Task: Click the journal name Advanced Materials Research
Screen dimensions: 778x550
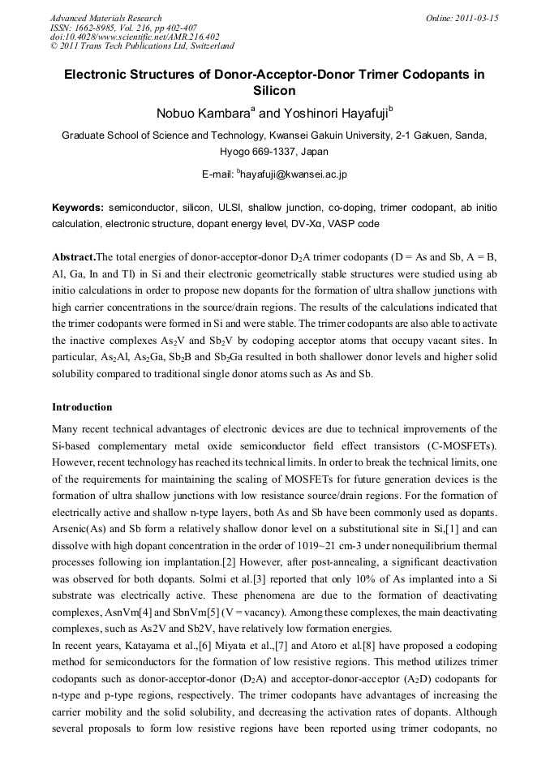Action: pyautogui.click(x=105, y=18)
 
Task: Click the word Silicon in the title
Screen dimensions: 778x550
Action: pyautogui.click(x=275, y=91)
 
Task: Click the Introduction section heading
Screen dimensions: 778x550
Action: pyautogui.click(x=82, y=406)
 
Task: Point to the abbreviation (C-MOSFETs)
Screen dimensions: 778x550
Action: pyautogui.click(x=459, y=445)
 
